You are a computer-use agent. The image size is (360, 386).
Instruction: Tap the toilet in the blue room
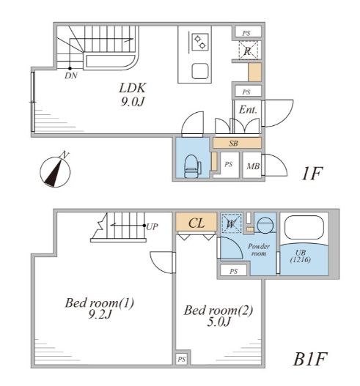point(193,166)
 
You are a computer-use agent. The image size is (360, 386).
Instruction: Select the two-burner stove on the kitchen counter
point(200,42)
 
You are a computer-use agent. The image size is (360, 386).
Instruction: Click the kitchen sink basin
point(200,71)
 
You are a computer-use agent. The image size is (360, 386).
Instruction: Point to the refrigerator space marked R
point(248,51)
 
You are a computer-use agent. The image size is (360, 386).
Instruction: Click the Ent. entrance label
point(248,110)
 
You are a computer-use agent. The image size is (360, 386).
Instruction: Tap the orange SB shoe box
point(237,143)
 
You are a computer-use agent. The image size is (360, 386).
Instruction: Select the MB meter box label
point(253,166)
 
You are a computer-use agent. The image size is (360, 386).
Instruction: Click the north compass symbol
point(55,170)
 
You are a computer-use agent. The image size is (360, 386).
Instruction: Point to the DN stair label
point(71,76)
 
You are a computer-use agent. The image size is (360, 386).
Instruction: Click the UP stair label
point(152,226)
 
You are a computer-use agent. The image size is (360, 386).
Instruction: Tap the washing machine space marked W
point(231,223)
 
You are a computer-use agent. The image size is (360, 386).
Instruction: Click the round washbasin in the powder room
point(265,225)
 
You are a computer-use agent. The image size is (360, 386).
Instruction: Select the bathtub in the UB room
point(304,227)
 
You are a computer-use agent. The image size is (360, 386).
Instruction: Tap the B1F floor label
point(310,359)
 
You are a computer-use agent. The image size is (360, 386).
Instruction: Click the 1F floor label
point(312,174)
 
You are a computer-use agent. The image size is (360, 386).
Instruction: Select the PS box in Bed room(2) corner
point(182,359)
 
